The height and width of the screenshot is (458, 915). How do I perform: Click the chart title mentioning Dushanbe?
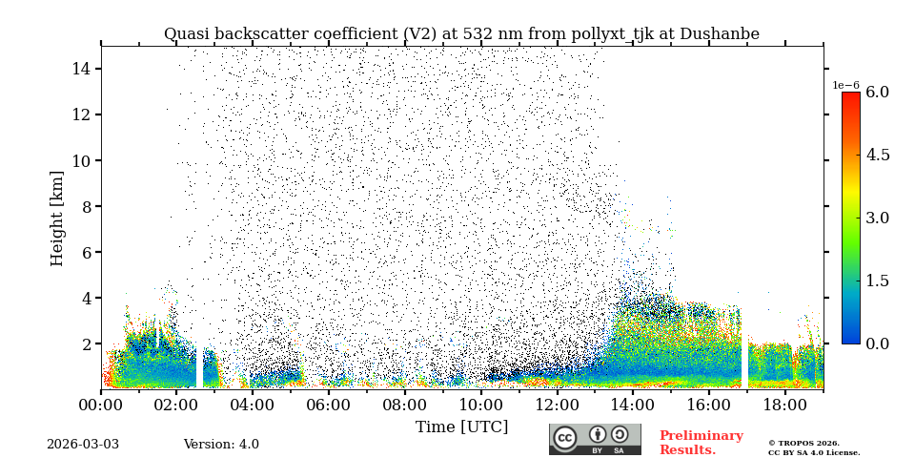pos(461,34)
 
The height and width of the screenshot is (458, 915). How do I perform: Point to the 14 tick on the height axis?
pos(80,69)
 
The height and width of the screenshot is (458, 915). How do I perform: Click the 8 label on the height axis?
pos(85,206)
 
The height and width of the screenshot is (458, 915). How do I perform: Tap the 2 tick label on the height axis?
pos(85,343)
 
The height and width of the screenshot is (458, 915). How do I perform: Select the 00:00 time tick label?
pos(101,405)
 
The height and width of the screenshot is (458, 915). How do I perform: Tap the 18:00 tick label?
pos(785,405)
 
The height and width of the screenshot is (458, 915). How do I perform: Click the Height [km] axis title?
pos(57,218)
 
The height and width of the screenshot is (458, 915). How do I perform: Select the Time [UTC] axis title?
pos(461,427)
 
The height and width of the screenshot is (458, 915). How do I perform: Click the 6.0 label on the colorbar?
pos(877,93)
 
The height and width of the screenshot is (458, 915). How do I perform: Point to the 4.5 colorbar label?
pos(877,155)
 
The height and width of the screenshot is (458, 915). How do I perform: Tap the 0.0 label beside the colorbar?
pos(877,343)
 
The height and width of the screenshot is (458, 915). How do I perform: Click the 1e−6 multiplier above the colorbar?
pos(845,85)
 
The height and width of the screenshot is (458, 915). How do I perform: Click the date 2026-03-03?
pos(83,445)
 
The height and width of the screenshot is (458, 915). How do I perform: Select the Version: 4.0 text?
pos(221,445)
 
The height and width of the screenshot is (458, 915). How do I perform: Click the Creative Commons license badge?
pos(595,439)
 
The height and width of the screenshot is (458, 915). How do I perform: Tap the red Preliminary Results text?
pos(701,443)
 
